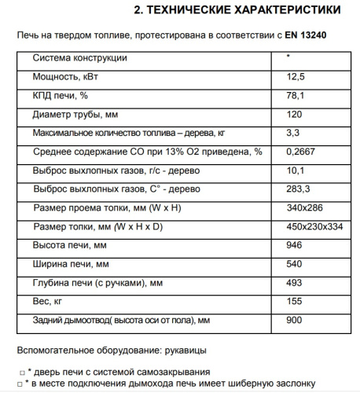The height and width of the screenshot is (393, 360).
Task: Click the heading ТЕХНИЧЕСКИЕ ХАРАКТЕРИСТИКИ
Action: coord(237,10)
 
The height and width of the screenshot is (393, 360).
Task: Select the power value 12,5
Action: coord(296,77)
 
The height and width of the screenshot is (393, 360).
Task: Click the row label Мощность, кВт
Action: coord(66,77)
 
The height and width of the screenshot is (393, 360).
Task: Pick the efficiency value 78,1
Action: coord(296,96)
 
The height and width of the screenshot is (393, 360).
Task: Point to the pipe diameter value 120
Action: coord(294,114)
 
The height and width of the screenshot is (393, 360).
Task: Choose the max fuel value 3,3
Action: coord(293,133)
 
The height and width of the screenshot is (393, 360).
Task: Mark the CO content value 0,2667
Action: coord(302,152)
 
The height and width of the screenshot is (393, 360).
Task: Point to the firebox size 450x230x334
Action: coord(316,227)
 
